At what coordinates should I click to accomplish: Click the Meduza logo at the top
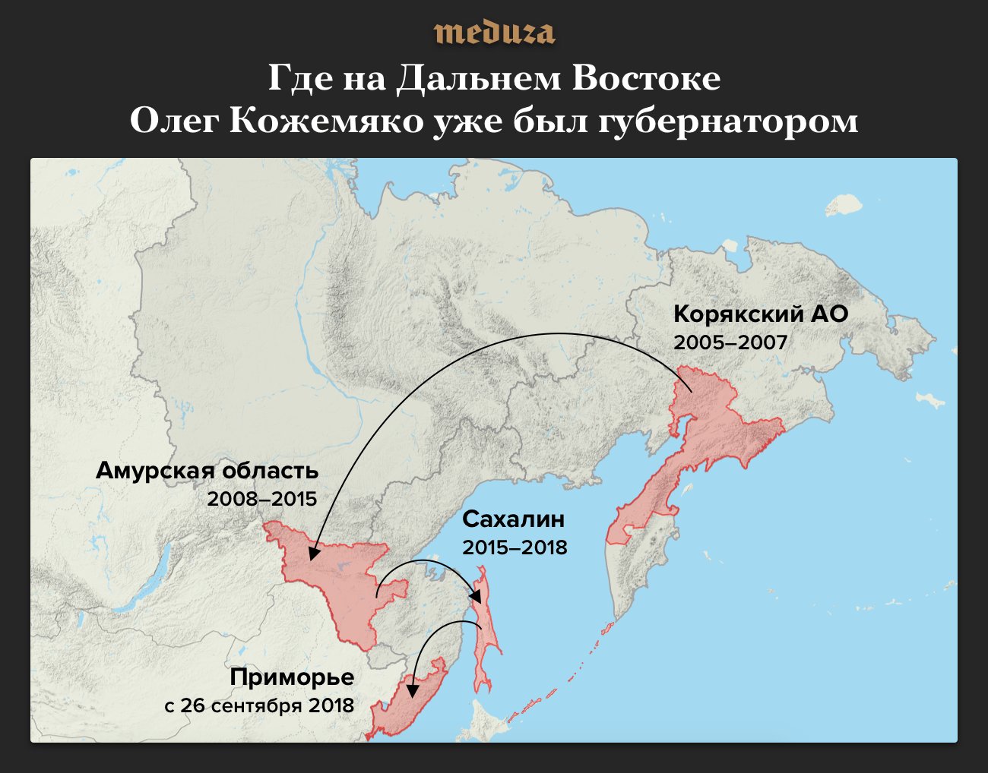(494, 33)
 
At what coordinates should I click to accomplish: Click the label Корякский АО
(760, 314)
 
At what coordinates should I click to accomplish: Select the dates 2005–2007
(730, 342)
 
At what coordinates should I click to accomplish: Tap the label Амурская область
(207, 471)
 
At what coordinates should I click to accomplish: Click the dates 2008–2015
(262, 499)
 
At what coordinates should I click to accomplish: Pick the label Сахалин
(514, 519)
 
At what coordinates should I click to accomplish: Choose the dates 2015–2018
(515, 547)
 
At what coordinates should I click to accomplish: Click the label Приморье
(292, 677)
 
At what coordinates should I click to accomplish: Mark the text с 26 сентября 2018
(259, 705)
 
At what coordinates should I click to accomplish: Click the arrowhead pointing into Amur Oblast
(311, 554)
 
